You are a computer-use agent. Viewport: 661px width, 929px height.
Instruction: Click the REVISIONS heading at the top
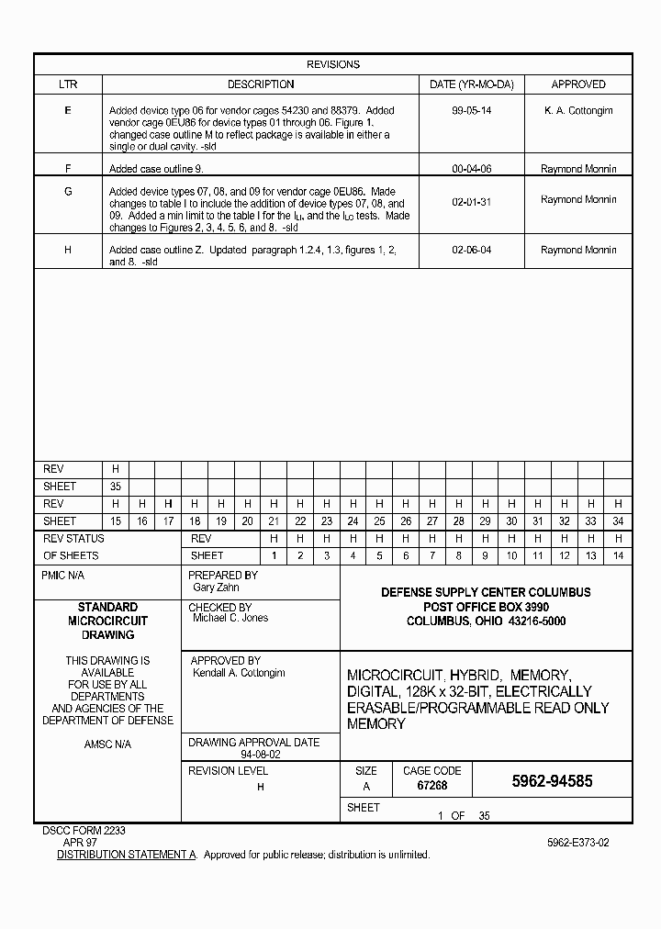(x=332, y=64)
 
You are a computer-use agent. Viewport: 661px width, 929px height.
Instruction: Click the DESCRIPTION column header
(x=261, y=84)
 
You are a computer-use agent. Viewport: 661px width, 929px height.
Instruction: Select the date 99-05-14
(x=471, y=110)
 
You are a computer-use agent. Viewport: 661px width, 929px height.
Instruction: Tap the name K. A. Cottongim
(x=578, y=110)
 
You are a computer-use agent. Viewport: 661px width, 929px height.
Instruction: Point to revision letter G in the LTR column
(x=68, y=191)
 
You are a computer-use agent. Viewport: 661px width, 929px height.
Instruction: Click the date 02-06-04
(x=471, y=250)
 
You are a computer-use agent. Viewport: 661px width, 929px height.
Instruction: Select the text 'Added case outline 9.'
(x=156, y=169)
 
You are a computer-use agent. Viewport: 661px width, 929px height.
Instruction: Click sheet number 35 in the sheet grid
(x=116, y=487)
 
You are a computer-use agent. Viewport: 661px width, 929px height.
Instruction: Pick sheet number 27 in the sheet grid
(x=432, y=521)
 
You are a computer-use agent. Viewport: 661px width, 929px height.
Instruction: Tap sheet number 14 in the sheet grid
(x=618, y=555)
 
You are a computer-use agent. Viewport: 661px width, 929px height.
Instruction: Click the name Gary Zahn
(x=216, y=587)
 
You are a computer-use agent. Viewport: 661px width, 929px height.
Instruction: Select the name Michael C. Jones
(x=230, y=619)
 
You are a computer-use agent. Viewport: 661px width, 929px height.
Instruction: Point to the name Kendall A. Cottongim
(x=239, y=673)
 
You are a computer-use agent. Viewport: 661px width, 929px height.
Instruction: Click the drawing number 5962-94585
(x=552, y=781)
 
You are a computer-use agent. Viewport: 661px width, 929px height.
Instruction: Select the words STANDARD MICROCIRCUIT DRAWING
(x=107, y=621)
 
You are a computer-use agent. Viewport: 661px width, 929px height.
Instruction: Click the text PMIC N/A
(x=62, y=576)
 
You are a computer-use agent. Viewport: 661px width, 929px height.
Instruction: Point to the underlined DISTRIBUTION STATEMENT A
(x=127, y=855)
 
